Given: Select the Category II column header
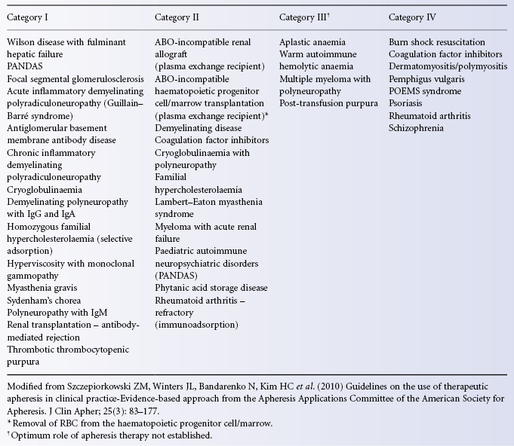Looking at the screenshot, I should pos(180,17).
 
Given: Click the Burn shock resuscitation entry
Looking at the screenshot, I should pos(437,43).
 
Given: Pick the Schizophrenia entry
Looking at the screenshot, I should pos(416,127).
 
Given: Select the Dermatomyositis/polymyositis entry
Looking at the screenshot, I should pos(446,67).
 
